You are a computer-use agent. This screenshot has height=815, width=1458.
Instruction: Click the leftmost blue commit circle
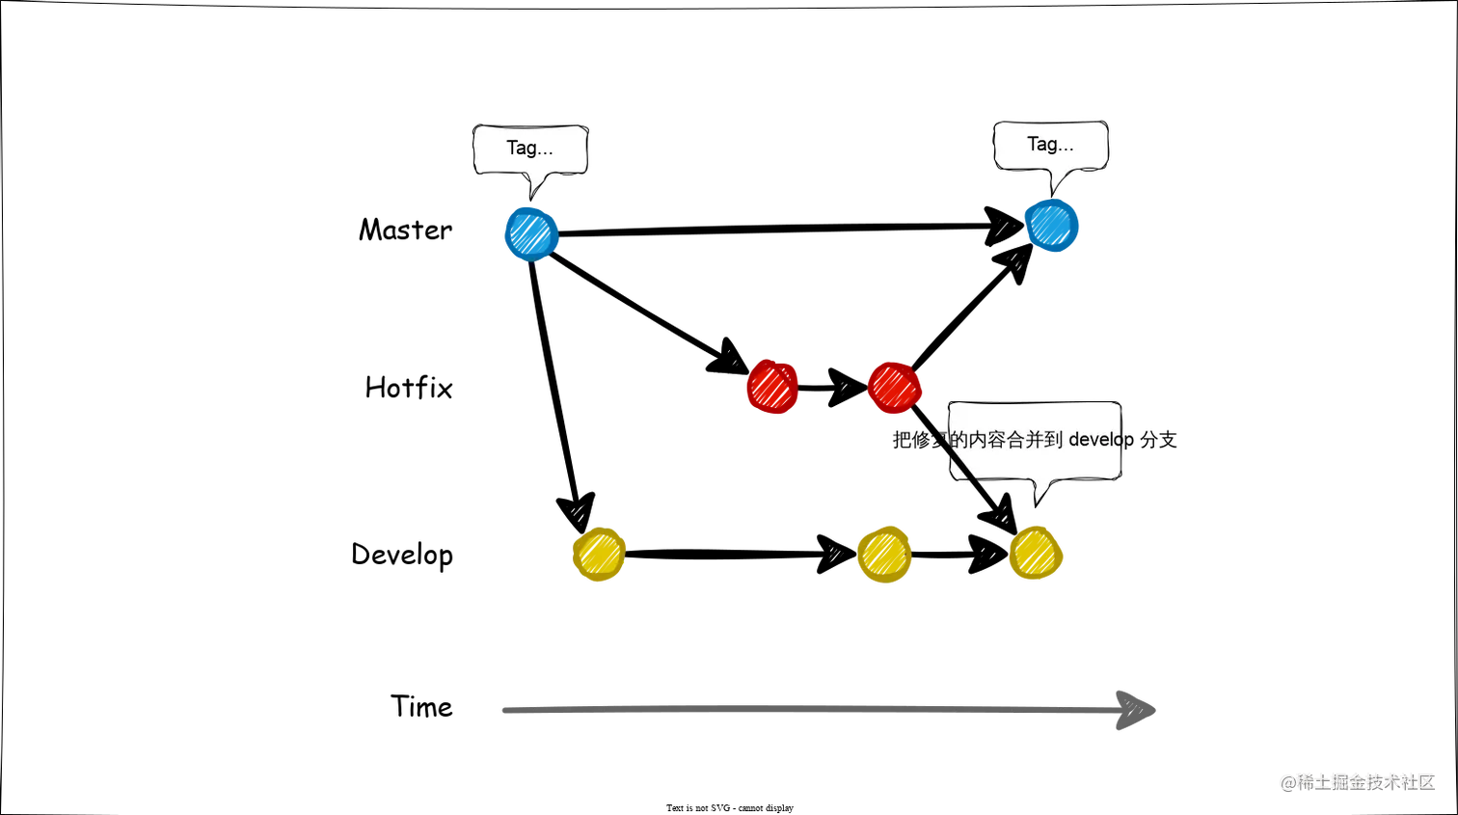click(530, 233)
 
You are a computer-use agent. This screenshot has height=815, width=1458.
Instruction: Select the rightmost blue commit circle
click(1053, 226)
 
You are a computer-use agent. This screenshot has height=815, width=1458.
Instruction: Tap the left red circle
click(771, 387)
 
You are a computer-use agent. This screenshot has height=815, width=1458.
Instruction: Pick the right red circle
click(894, 387)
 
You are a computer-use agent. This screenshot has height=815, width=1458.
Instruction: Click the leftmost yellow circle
click(599, 555)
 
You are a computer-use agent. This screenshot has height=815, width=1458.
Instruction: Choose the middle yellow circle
click(884, 555)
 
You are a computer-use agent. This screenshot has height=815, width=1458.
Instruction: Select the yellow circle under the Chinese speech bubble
click(1036, 554)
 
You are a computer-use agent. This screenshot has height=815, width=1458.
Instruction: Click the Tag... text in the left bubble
click(529, 148)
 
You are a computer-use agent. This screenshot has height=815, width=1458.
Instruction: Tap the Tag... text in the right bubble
click(1050, 144)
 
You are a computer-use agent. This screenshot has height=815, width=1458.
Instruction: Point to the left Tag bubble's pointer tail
click(536, 187)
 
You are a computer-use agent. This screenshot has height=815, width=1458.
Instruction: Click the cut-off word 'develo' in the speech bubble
click(1094, 440)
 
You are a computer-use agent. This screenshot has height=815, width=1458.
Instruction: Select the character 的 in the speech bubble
click(958, 440)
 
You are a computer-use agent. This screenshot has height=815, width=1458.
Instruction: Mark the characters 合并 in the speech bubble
click(1024, 440)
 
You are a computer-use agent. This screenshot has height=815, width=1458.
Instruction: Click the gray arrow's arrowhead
click(1138, 711)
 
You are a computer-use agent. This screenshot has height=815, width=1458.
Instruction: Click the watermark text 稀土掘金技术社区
click(1364, 781)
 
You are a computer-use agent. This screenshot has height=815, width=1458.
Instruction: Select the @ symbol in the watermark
click(1287, 781)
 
